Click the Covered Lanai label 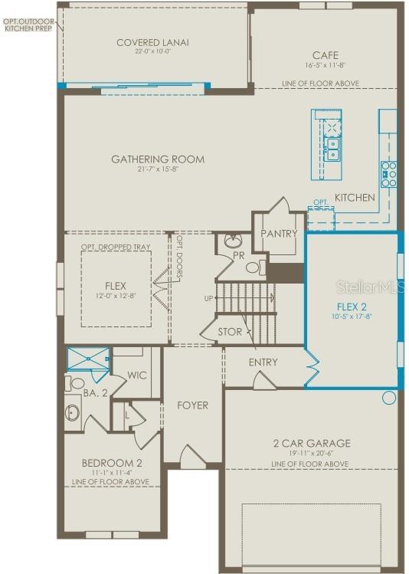[x=152, y=42]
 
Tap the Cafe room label [x=320, y=55]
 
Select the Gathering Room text [x=158, y=159]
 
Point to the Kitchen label [x=355, y=198]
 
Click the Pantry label [x=278, y=233]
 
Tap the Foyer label [x=192, y=405]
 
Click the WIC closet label [x=137, y=376]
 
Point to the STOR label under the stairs [x=229, y=332]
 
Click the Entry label [x=263, y=362]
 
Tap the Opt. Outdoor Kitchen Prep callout [x=28, y=24]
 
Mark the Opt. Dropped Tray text [x=116, y=248]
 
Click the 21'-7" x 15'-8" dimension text [x=158, y=169]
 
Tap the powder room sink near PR [x=234, y=242]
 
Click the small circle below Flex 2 [x=389, y=398]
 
